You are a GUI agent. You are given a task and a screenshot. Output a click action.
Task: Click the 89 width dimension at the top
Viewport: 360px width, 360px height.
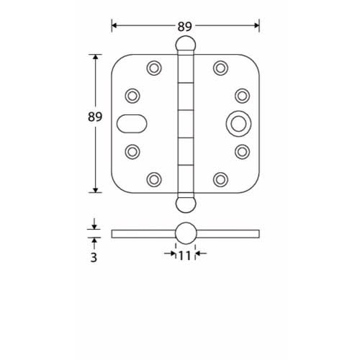click(x=185, y=27)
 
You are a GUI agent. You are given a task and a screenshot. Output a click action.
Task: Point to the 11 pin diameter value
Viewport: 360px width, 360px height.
click(x=185, y=254)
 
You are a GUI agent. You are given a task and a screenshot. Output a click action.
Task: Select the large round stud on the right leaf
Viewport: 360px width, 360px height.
click(x=236, y=123)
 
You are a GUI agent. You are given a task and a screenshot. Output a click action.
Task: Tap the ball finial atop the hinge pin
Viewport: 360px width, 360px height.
click(x=185, y=45)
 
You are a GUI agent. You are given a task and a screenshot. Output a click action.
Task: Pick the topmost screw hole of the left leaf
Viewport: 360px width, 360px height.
click(x=153, y=68)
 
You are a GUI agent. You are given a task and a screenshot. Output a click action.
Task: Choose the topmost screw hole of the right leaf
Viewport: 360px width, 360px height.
click(x=219, y=68)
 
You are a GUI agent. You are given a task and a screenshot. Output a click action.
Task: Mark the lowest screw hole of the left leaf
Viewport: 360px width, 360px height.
click(x=153, y=179)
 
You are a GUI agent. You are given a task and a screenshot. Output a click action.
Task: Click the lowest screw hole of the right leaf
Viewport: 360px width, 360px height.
click(x=219, y=179)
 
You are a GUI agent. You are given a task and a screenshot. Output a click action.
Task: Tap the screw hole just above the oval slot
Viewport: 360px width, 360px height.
click(x=132, y=95)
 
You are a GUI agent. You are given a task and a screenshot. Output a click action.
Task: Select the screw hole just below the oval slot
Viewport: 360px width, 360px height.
click(x=132, y=151)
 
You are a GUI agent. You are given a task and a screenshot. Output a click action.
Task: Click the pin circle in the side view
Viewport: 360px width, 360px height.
click(x=185, y=233)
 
